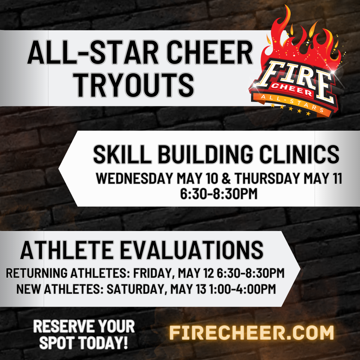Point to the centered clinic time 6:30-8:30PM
[219, 194]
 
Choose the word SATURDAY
[136, 289]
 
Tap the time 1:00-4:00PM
[242, 289]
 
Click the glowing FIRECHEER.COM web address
[252, 333]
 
